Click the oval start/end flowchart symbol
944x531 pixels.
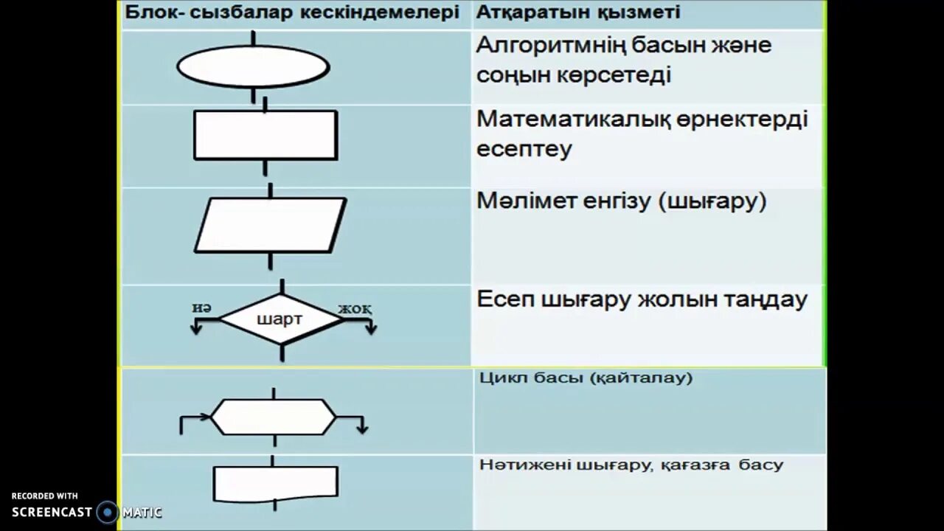(253, 67)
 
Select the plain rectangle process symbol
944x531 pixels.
(265, 135)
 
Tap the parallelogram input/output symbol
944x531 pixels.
(270, 224)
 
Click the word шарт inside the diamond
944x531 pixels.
(278, 320)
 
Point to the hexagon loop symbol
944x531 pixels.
(274, 417)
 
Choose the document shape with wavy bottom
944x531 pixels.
(276, 482)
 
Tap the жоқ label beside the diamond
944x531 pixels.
(355, 308)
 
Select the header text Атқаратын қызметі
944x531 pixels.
(578, 13)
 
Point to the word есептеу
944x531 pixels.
(524, 149)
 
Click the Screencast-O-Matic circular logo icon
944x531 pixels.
(108, 511)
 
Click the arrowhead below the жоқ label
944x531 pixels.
(369, 329)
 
